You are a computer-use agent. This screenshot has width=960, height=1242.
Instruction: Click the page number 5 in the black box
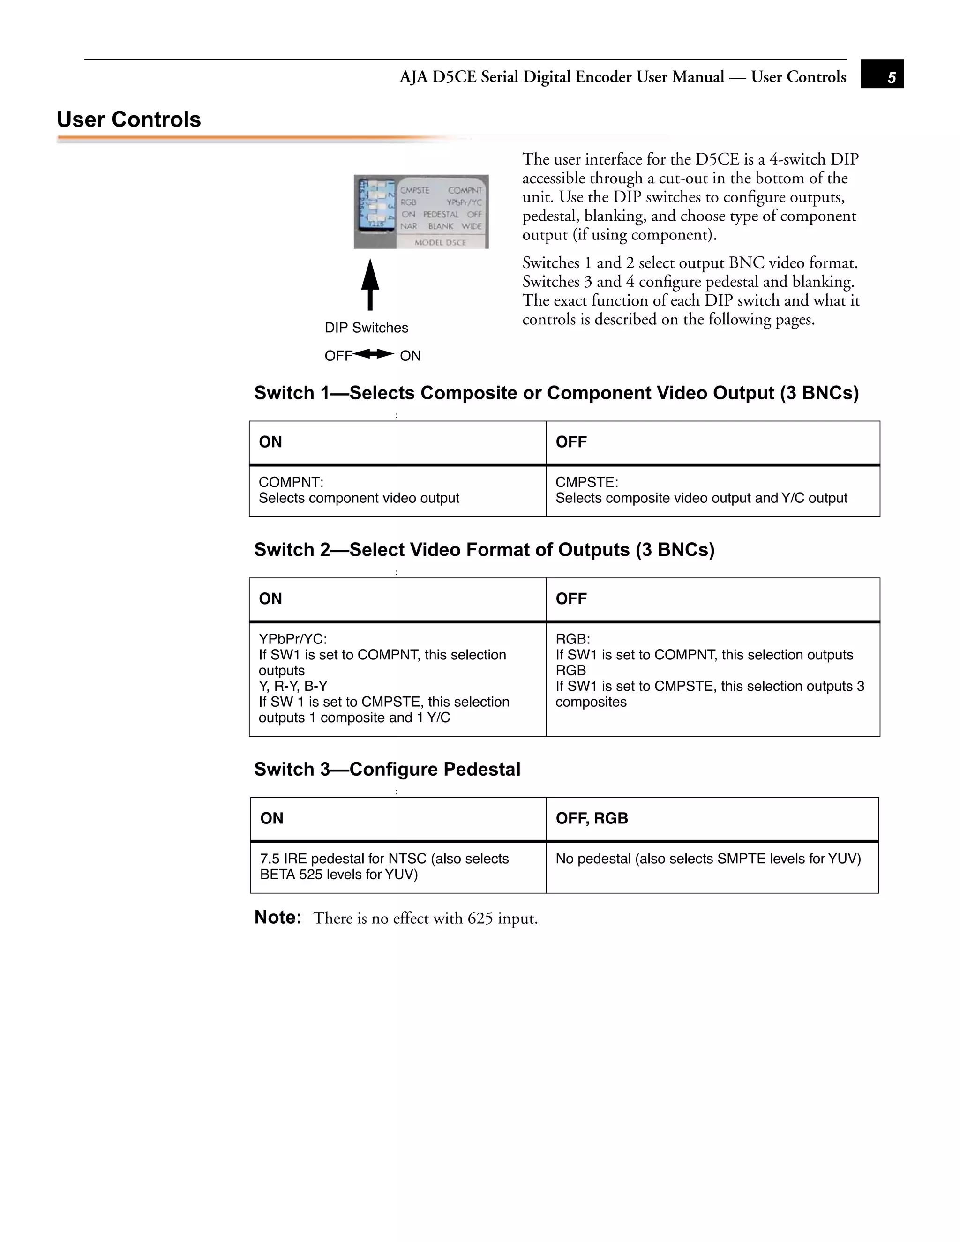[x=891, y=77]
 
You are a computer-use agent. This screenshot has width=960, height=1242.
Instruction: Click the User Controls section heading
[x=129, y=120]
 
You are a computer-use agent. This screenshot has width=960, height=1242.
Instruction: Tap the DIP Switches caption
[x=366, y=328]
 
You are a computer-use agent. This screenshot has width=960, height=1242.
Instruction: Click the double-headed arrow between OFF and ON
[x=374, y=354]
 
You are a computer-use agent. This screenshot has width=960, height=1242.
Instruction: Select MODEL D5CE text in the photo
[x=440, y=243]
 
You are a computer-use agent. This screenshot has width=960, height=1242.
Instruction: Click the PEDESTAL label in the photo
[x=441, y=214]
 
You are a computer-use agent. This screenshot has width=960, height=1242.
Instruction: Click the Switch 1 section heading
[x=556, y=393]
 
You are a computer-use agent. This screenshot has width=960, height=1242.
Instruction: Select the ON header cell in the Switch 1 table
[x=397, y=442]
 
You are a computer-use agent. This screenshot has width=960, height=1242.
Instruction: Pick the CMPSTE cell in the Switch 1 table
[x=712, y=491]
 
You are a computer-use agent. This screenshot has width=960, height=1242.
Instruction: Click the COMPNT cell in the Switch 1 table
[x=397, y=491]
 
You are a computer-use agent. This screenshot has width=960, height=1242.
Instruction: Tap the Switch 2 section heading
[x=484, y=550]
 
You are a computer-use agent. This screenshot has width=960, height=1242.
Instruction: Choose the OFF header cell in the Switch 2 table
[x=712, y=599]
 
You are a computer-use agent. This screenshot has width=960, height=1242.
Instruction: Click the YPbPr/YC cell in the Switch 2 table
[x=397, y=679]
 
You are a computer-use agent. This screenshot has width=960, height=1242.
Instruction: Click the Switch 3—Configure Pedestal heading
[x=387, y=770]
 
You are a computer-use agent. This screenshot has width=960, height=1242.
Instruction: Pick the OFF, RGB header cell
[x=712, y=819]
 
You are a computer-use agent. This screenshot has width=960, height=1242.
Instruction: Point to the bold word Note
[x=277, y=917]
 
